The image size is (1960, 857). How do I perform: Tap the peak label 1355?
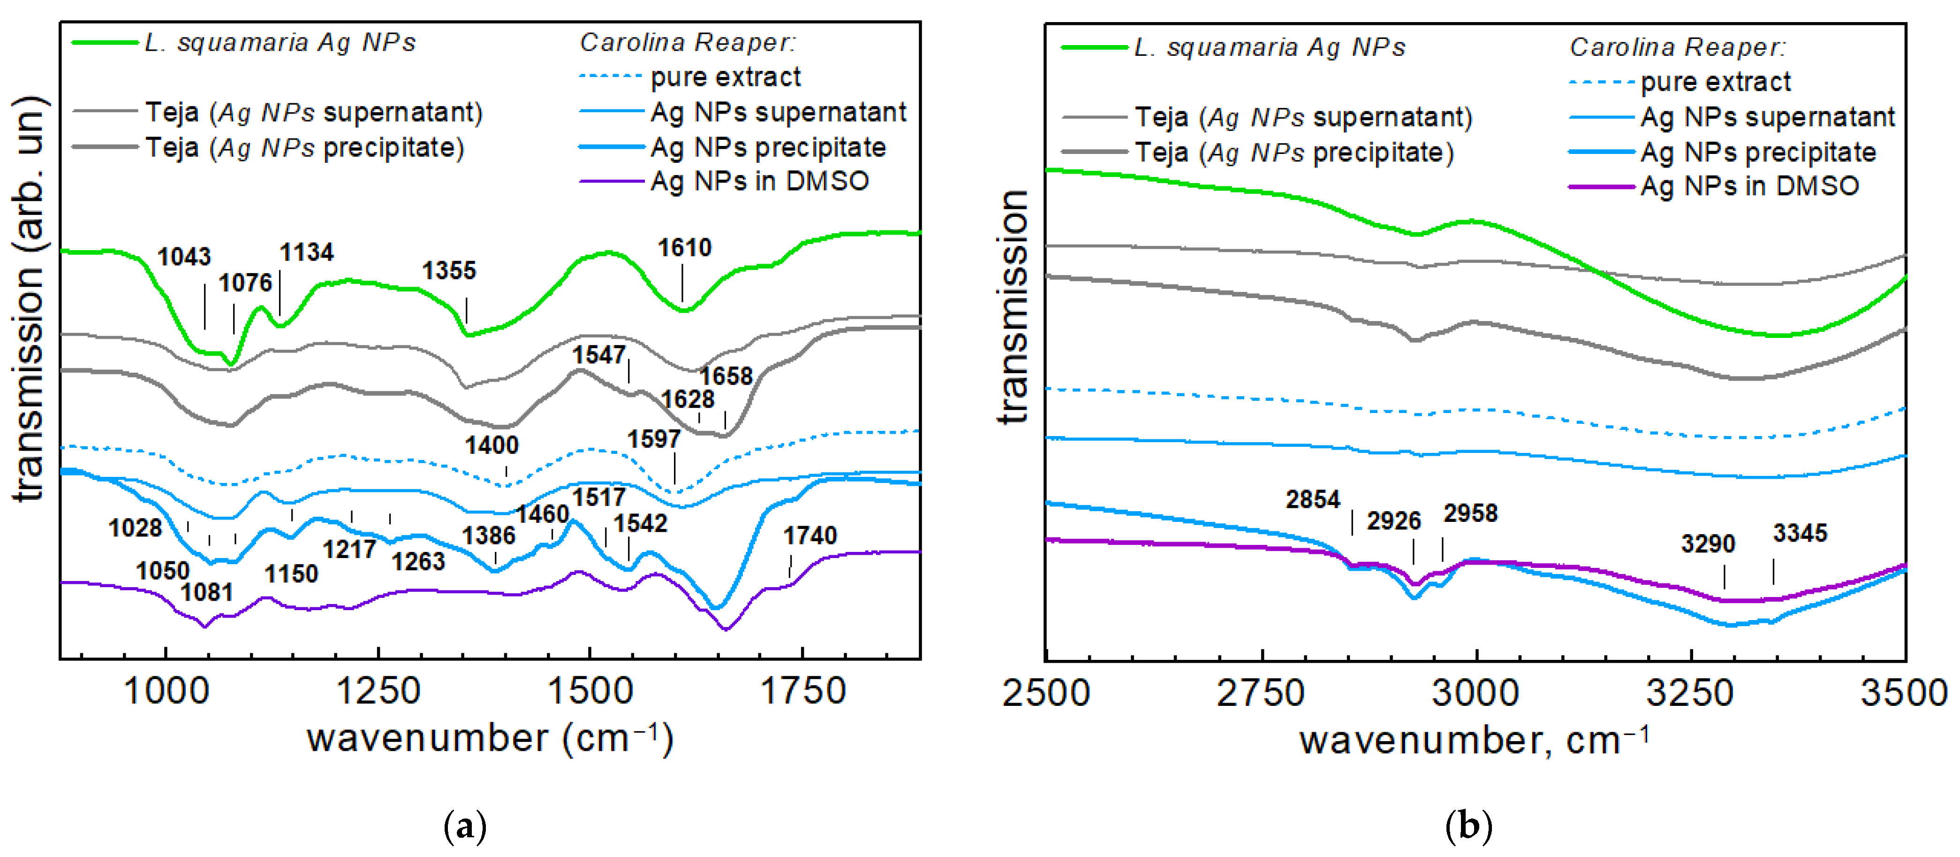click(449, 270)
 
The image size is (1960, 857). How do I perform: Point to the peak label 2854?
click(1312, 499)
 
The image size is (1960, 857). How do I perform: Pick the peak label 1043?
click(184, 257)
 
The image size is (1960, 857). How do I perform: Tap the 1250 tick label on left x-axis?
click(378, 691)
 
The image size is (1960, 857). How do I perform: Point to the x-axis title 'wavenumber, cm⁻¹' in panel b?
click(1474, 740)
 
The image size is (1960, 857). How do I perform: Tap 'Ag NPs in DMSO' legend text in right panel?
click(1749, 186)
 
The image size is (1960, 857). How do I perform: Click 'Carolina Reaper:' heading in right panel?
click(1677, 47)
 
